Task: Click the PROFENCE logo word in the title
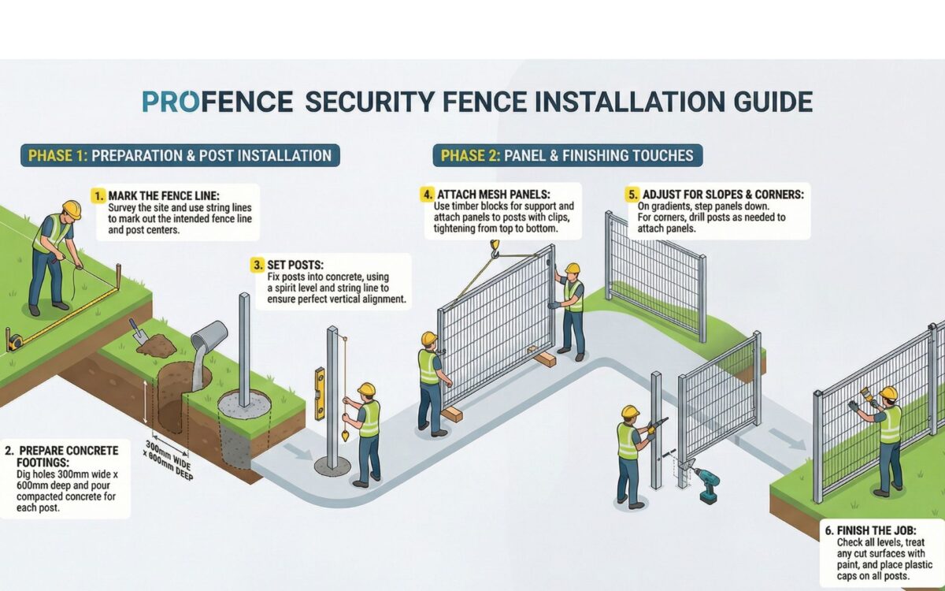(x=217, y=102)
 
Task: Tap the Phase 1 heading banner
(x=180, y=155)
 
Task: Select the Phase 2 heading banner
(x=567, y=155)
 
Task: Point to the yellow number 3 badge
(x=258, y=265)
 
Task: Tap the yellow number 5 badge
(x=632, y=194)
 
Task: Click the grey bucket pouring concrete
(x=209, y=338)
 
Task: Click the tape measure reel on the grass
(x=14, y=341)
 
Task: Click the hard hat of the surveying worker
(x=72, y=209)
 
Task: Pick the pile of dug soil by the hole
(x=160, y=345)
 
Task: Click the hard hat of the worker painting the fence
(x=888, y=393)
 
